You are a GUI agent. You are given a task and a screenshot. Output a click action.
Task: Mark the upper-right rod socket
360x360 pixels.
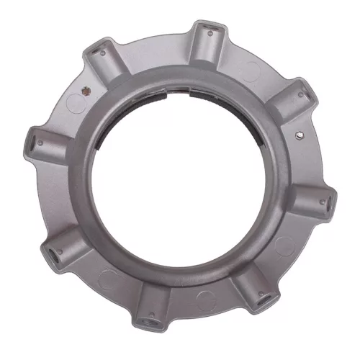coord(298,101)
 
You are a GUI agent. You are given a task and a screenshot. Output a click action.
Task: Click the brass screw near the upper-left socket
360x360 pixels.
coord(87,91)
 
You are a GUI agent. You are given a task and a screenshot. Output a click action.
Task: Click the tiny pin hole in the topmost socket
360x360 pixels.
coord(208,32)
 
